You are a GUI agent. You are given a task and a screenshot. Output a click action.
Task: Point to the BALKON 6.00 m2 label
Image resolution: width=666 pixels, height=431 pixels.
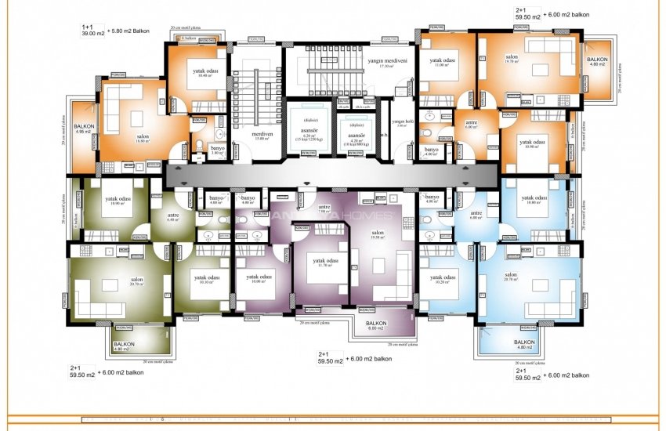tap(376, 325)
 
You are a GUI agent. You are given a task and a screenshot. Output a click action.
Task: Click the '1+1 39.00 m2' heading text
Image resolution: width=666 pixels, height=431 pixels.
tap(95, 31)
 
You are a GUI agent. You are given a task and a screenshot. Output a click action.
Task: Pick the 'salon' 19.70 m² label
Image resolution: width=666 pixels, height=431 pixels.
tap(511, 59)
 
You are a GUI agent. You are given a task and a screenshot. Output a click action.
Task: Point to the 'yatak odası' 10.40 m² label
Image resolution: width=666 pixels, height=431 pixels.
tap(205, 72)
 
